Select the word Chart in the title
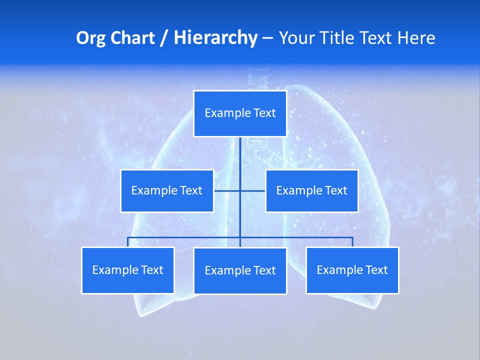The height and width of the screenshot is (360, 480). pos(131,38)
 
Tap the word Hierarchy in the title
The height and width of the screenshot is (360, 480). pos(215,38)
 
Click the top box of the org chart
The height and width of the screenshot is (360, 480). pos(240,113)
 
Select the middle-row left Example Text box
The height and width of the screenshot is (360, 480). pos(167,190)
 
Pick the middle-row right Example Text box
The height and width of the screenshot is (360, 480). pos(311,190)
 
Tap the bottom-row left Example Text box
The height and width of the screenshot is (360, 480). pos(127,270)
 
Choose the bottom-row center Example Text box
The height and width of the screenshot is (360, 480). pos(240,270)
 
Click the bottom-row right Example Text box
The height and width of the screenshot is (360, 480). pos(352,270)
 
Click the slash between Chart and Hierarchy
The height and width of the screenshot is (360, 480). pos(164,38)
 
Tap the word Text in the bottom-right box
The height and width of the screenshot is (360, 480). pos(376,270)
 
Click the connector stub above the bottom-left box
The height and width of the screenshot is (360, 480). pos(128,242)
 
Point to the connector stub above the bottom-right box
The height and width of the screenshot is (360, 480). pos(352,242)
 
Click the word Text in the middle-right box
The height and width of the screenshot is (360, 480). pos(335,190)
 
